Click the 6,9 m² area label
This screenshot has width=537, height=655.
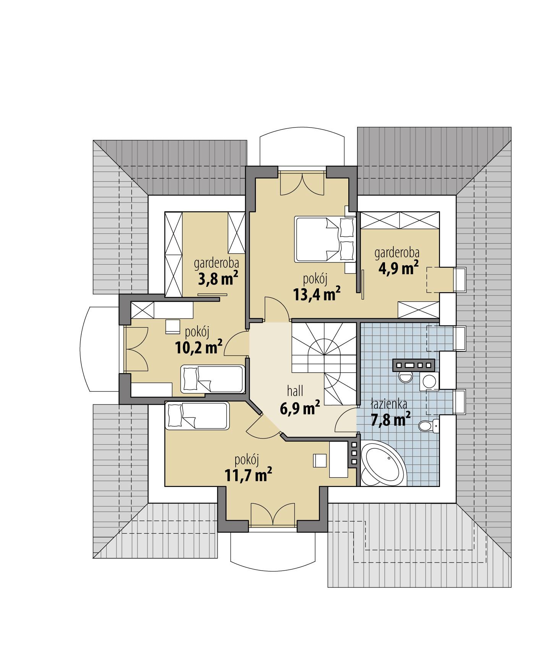(300, 409)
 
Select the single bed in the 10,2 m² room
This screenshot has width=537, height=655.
(212, 379)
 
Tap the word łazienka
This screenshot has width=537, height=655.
(389, 404)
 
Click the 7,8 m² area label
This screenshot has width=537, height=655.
(391, 420)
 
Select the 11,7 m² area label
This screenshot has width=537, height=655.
(248, 475)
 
